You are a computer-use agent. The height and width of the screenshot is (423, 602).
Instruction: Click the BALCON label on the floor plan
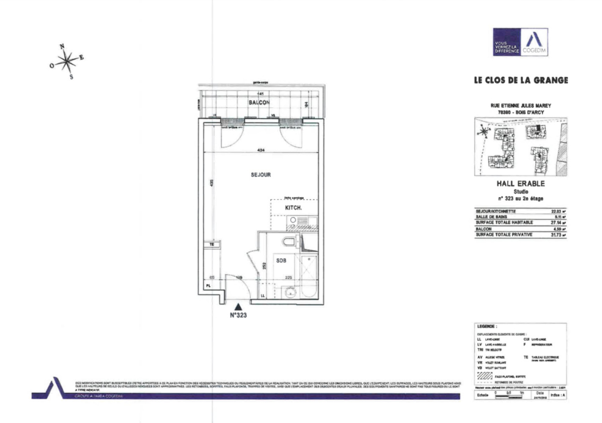pyautogui.click(x=259, y=102)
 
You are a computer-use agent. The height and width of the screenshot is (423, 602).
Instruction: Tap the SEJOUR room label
pyautogui.click(x=261, y=175)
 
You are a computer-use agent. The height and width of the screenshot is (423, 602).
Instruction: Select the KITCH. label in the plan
pyautogui.click(x=293, y=208)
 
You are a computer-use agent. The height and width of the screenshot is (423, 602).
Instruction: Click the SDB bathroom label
pyautogui.click(x=281, y=261)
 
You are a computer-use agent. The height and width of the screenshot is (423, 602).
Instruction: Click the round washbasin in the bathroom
pyautogui.click(x=290, y=292)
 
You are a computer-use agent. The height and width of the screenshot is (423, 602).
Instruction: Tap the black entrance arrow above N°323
pyautogui.click(x=239, y=307)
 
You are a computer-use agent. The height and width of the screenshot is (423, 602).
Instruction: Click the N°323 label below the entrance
pyautogui.click(x=238, y=315)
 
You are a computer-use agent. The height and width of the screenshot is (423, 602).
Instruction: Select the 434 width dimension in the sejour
pyautogui.click(x=261, y=150)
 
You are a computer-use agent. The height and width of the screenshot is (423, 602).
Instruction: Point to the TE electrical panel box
pyautogui.click(x=212, y=244)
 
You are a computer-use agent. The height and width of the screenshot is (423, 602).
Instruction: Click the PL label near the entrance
pyautogui.click(x=208, y=286)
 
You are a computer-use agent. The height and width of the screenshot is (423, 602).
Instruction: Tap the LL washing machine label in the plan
pyautogui.click(x=263, y=296)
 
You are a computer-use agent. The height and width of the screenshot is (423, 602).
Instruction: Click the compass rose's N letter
pyautogui.click(x=62, y=47)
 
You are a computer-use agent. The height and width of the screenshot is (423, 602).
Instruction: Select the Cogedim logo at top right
pyautogui.click(x=520, y=42)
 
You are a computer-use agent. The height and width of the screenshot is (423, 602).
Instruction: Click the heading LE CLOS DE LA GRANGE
pyautogui.click(x=521, y=80)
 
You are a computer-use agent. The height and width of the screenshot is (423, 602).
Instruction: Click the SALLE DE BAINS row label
pyautogui.click(x=491, y=217)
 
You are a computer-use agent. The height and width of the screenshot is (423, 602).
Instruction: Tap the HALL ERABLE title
pyautogui.click(x=520, y=184)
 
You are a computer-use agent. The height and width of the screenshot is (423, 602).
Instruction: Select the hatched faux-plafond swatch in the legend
pyautogui.click(x=484, y=376)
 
